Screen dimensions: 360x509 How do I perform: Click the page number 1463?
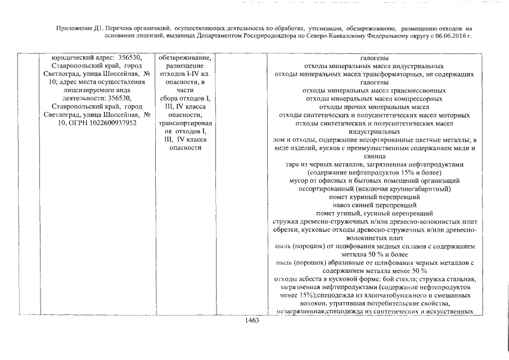click(251, 321)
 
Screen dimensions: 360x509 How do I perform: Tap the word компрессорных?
click(413, 98)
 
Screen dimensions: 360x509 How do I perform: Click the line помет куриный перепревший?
click(374, 197)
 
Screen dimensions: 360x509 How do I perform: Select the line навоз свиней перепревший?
click(374, 205)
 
